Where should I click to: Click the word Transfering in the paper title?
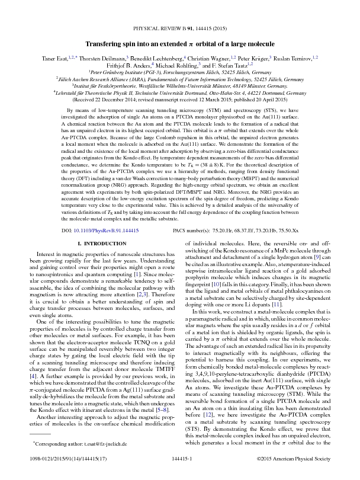click(x=104, y=44)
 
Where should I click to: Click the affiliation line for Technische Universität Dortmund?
click(x=180, y=93)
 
